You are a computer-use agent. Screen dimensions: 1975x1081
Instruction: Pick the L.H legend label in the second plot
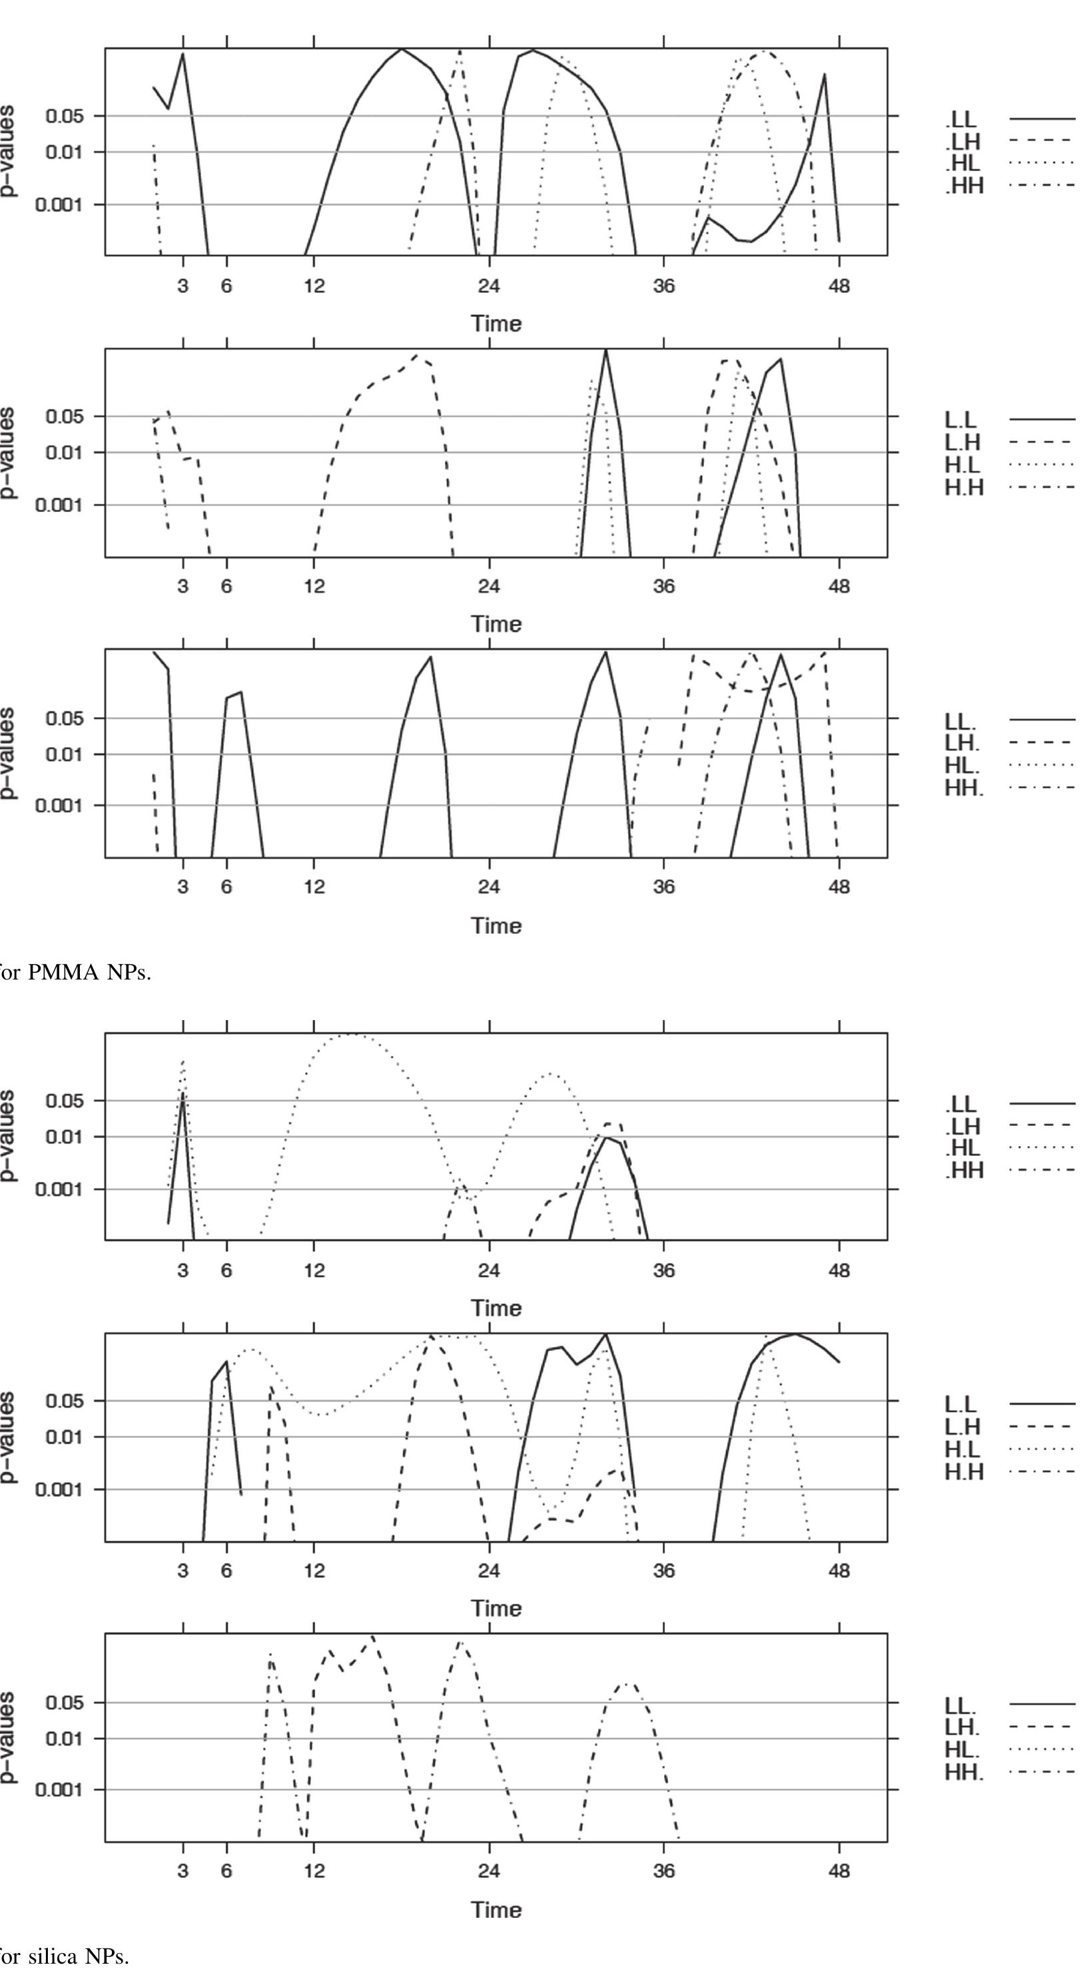coord(964,442)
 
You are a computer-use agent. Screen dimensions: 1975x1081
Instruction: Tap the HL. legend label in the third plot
coord(964,766)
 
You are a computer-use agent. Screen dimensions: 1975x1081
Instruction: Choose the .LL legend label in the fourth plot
coord(961,1104)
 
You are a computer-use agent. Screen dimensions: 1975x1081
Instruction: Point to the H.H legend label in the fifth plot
coord(964,1472)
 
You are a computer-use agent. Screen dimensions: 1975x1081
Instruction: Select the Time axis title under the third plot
coord(497,926)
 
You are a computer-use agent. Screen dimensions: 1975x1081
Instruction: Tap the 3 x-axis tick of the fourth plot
coord(182,1270)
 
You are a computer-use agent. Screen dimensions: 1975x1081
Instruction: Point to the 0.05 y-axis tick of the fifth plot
coord(66,1401)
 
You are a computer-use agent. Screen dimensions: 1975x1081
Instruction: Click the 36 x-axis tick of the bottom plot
coord(664,1872)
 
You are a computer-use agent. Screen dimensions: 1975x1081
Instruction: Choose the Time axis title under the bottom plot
coord(497,1910)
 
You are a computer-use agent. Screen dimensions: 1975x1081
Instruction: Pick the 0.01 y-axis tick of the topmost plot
coord(66,152)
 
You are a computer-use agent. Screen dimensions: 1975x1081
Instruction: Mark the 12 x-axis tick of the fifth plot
coord(314,1571)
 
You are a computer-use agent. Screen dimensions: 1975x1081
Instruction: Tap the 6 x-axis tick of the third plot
coord(226,887)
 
